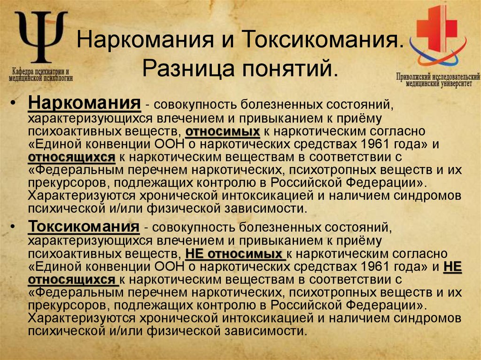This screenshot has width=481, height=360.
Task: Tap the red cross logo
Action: tap(437, 28)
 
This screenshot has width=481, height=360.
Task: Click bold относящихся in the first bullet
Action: tap(71, 156)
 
